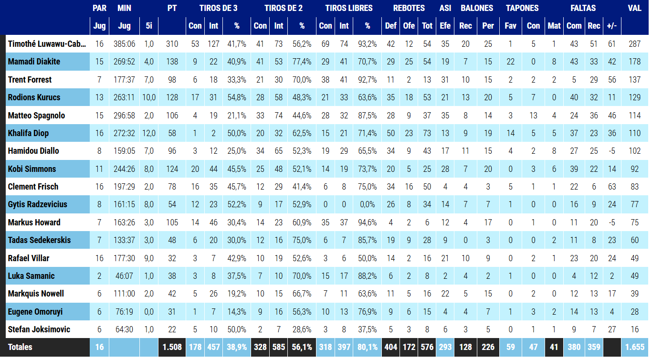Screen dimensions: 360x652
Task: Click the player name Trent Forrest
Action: click(x=30, y=80)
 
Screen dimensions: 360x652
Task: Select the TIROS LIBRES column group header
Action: click(x=349, y=8)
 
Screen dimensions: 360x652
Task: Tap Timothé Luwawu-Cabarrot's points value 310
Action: click(x=172, y=44)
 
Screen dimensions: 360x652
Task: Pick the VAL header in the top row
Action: click(x=634, y=8)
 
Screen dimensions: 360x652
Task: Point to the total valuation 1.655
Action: click(x=634, y=347)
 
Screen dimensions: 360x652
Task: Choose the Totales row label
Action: click(x=20, y=347)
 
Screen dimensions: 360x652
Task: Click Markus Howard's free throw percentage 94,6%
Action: click(x=367, y=222)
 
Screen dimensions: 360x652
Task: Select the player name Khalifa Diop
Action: click(x=28, y=133)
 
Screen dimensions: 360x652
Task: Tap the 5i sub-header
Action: click(x=148, y=26)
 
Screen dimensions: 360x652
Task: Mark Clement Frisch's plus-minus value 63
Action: click(x=612, y=187)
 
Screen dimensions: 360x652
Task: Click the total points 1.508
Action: click(x=172, y=347)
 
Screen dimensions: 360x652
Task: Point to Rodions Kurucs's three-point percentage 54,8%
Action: click(x=237, y=97)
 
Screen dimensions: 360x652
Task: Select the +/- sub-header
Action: click(x=612, y=26)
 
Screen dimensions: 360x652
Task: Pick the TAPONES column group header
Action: click(x=522, y=8)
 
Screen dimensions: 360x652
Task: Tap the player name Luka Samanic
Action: click(x=31, y=276)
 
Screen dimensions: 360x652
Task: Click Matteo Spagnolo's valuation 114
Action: click(x=634, y=116)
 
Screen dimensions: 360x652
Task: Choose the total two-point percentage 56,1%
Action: click(x=302, y=347)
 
